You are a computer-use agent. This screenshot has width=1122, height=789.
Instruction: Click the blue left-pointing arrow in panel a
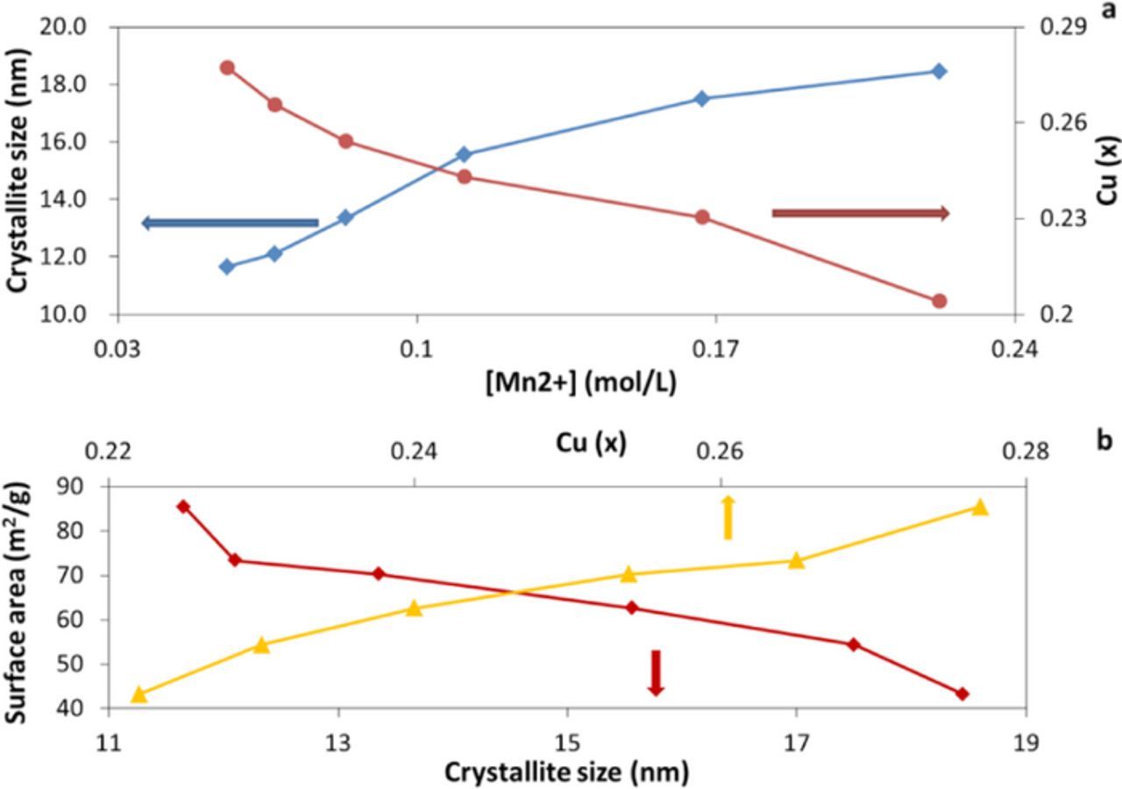coord(230,223)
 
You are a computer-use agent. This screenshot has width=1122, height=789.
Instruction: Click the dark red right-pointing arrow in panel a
coord(860,213)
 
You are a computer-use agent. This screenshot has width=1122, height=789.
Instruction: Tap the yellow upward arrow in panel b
coord(727,517)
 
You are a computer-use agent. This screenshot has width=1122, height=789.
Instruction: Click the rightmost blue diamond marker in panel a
coord(939,71)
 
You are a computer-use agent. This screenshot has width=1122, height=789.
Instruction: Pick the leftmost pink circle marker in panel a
coord(227,68)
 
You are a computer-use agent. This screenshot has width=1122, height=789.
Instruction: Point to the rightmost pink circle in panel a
coord(939,301)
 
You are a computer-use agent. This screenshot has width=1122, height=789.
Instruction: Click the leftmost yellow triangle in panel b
coord(138,694)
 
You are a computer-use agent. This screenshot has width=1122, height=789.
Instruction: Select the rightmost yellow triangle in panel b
coord(980,507)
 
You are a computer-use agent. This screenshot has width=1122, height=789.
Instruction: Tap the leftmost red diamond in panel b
coord(183,506)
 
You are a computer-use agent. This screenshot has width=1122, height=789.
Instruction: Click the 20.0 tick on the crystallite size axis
coord(64,27)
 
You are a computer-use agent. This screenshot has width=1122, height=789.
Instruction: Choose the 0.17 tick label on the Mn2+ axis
coord(715,349)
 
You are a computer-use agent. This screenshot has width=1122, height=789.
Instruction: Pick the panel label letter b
coord(1104,439)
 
